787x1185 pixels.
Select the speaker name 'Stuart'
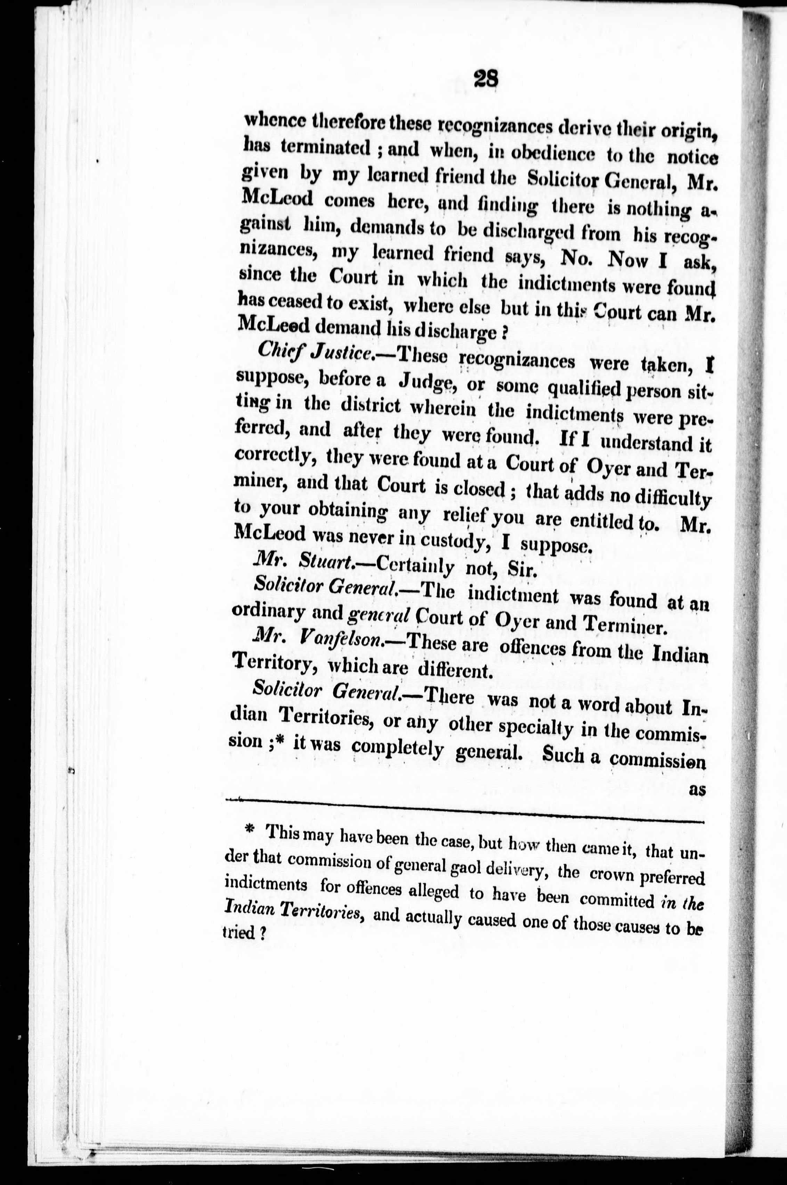[326, 563]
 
